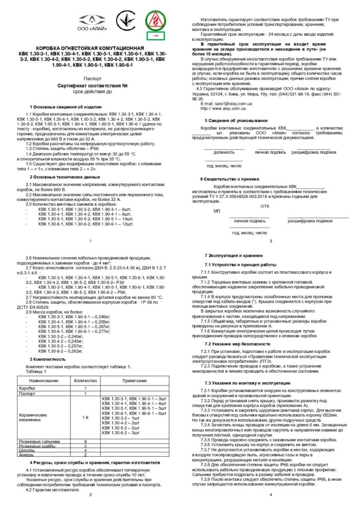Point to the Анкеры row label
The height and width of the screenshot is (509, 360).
(x=25, y=455)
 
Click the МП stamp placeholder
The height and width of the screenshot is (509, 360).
(x=217, y=210)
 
